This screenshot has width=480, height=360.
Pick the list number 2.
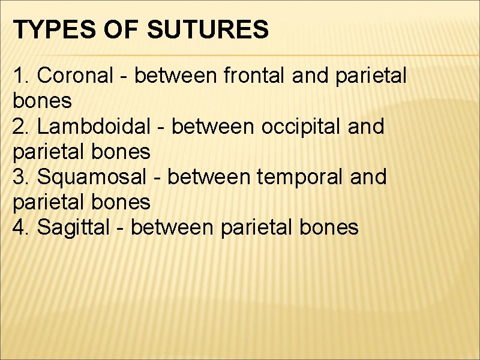coord(21,127)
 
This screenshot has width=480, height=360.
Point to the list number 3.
coord(21,177)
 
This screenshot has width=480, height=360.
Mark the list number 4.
coord(21,227)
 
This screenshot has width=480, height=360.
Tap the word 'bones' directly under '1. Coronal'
coord(42,101)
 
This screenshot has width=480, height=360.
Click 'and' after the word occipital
coord(367,127)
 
